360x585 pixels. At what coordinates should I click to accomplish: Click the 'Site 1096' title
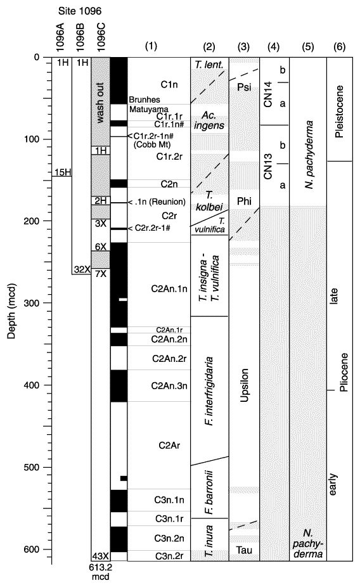(x=79, y=11)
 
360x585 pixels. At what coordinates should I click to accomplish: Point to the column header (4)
(x=273, y=47)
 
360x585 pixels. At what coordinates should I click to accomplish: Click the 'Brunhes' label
(x=145, y=100)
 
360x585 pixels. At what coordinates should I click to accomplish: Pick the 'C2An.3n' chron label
(x=169, y=385)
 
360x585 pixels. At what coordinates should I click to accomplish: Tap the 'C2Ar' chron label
(x=169, y=445)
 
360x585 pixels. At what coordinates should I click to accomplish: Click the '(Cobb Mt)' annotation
(x=152, y=145)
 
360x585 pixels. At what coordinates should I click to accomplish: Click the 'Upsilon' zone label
(x=244, y=385)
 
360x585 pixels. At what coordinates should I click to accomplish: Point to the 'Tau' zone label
(x=244, y=550)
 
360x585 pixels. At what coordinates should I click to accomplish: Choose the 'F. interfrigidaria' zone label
(x=209, y=391)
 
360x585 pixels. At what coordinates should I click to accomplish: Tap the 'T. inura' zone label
(x=209, y=541)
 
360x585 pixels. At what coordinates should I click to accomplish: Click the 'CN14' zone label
(x=268, y=95)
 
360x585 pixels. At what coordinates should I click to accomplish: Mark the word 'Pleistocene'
(x=338, y=112)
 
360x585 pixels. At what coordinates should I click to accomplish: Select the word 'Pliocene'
(x=344, y=372)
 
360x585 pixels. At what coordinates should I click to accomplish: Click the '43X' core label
(x=101, y=556)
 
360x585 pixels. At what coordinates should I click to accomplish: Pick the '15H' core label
(x=62, y=172)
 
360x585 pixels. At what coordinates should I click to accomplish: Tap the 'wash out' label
(x=100, y=103)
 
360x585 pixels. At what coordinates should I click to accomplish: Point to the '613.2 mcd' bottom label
(x=101, y=572)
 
